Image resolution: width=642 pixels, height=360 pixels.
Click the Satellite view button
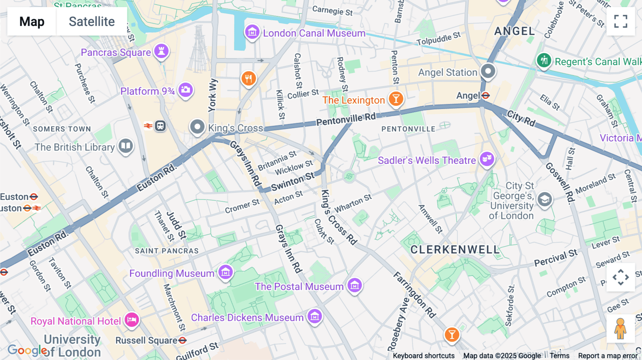click(92, 21)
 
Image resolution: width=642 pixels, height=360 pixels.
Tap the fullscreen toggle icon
click(621, 21)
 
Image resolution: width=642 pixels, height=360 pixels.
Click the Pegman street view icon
click(620, 329)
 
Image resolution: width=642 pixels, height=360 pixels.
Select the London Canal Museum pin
click(252, 32)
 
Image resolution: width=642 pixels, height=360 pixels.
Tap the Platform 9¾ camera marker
click(185, 90)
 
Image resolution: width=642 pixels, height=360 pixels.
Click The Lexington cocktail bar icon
click(396, 98)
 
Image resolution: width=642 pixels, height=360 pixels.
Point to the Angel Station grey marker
click(488, 71)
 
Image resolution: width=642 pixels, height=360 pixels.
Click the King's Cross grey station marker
click(197, 127)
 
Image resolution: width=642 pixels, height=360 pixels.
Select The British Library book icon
click(126, 145)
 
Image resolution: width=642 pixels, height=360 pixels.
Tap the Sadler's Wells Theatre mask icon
click(487, 159)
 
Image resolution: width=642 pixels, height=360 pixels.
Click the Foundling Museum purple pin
click(225, 273)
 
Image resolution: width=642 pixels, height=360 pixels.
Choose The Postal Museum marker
click(355, 286)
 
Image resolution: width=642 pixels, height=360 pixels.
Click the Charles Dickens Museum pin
click(315, 316)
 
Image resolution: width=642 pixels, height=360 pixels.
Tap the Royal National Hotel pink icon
click(132, 320)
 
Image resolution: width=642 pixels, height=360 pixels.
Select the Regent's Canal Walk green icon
click(544, 60)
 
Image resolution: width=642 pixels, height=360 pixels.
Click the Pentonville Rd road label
click(346, 119)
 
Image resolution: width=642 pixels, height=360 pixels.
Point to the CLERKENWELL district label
click(455, 250)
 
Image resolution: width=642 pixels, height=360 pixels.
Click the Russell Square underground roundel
click(182, 340)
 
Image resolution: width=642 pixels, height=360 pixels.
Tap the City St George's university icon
click(545, 200)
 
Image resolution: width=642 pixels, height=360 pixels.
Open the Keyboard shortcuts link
click(423, 356)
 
